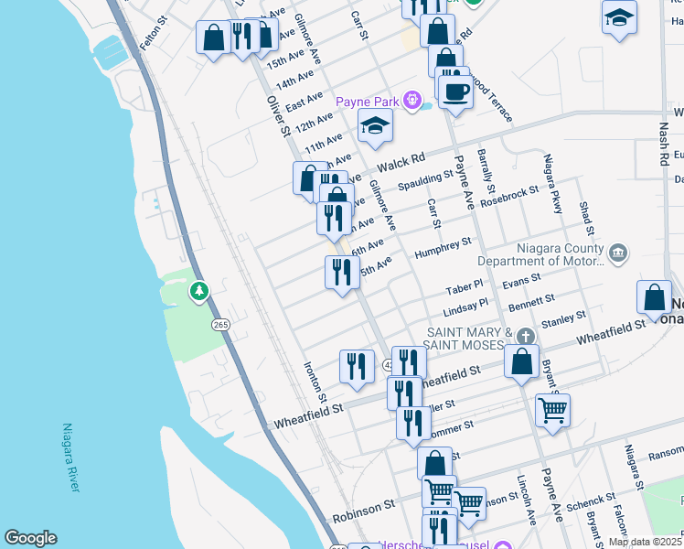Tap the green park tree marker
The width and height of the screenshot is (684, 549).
[198, 291]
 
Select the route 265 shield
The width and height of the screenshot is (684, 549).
[220, 325]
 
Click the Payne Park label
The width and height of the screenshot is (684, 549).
[370, 101]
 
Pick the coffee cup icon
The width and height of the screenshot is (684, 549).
[454, 91]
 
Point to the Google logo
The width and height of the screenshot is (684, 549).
[30, 538]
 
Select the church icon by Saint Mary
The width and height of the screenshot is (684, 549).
[524, 337]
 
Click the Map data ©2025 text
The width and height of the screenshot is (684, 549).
[645, 542]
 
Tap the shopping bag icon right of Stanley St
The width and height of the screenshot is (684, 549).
[654, 296]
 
